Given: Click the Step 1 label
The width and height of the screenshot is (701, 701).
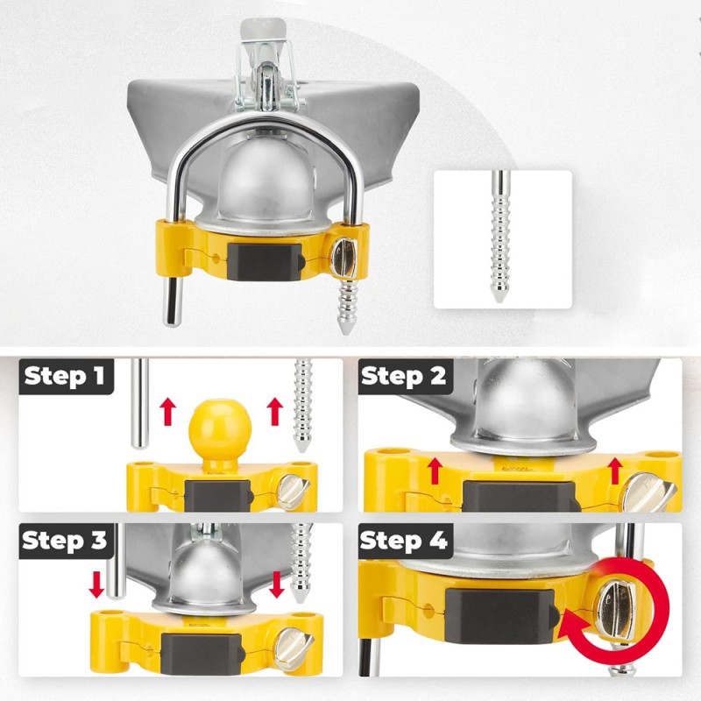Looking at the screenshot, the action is pos(64,376).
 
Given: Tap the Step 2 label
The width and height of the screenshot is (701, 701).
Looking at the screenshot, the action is pos(403,376).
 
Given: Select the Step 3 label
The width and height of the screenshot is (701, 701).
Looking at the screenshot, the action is pos(64,540).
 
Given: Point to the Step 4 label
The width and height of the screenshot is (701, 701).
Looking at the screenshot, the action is pos(403,540).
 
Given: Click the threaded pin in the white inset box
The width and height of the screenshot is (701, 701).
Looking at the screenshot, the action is pos(499,236).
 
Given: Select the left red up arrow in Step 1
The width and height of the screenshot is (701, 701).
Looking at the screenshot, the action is pos(168,412).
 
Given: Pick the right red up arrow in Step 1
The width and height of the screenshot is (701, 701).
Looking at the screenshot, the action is pos(274,412).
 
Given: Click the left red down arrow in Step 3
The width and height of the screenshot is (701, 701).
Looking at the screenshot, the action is pos(96,584).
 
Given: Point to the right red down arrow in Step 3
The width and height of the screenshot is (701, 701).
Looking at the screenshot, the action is pos(277,584).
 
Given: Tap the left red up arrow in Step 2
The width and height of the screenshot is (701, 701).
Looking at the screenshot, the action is pos(435,471).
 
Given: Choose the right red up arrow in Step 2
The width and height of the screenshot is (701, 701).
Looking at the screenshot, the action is pos(615,471).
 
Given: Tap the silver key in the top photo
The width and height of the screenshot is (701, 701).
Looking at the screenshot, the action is pos(343,258).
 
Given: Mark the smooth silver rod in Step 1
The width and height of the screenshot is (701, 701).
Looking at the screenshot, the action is pos(140,403).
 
